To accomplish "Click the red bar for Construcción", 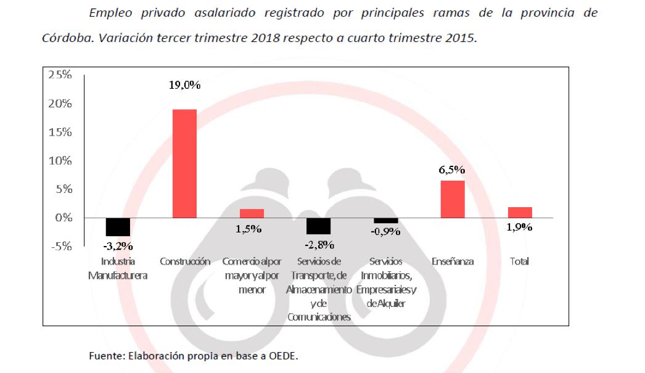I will [x=184, y=163].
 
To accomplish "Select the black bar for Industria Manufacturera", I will [x=118, y=227].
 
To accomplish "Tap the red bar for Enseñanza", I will [x=453, y=199].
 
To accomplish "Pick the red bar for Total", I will [x=520, y=213].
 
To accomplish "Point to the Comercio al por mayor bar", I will [x=252, y=213].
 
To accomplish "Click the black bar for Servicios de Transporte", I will [x=319, y=226].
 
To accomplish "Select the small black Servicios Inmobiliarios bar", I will [x=386, y=220].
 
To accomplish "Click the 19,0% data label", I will [x=184, y=86].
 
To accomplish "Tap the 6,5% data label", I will [x=452, y=170].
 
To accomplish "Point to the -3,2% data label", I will [x=117, y=246].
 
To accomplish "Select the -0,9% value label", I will [x=386, y=232].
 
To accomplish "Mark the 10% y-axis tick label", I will [x=60, y=161].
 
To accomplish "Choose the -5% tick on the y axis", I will [x=60, y=247].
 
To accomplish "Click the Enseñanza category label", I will [x=453, y=261].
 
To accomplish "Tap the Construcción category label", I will [x=185, y=261].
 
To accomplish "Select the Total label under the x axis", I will [x=520, y=261].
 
